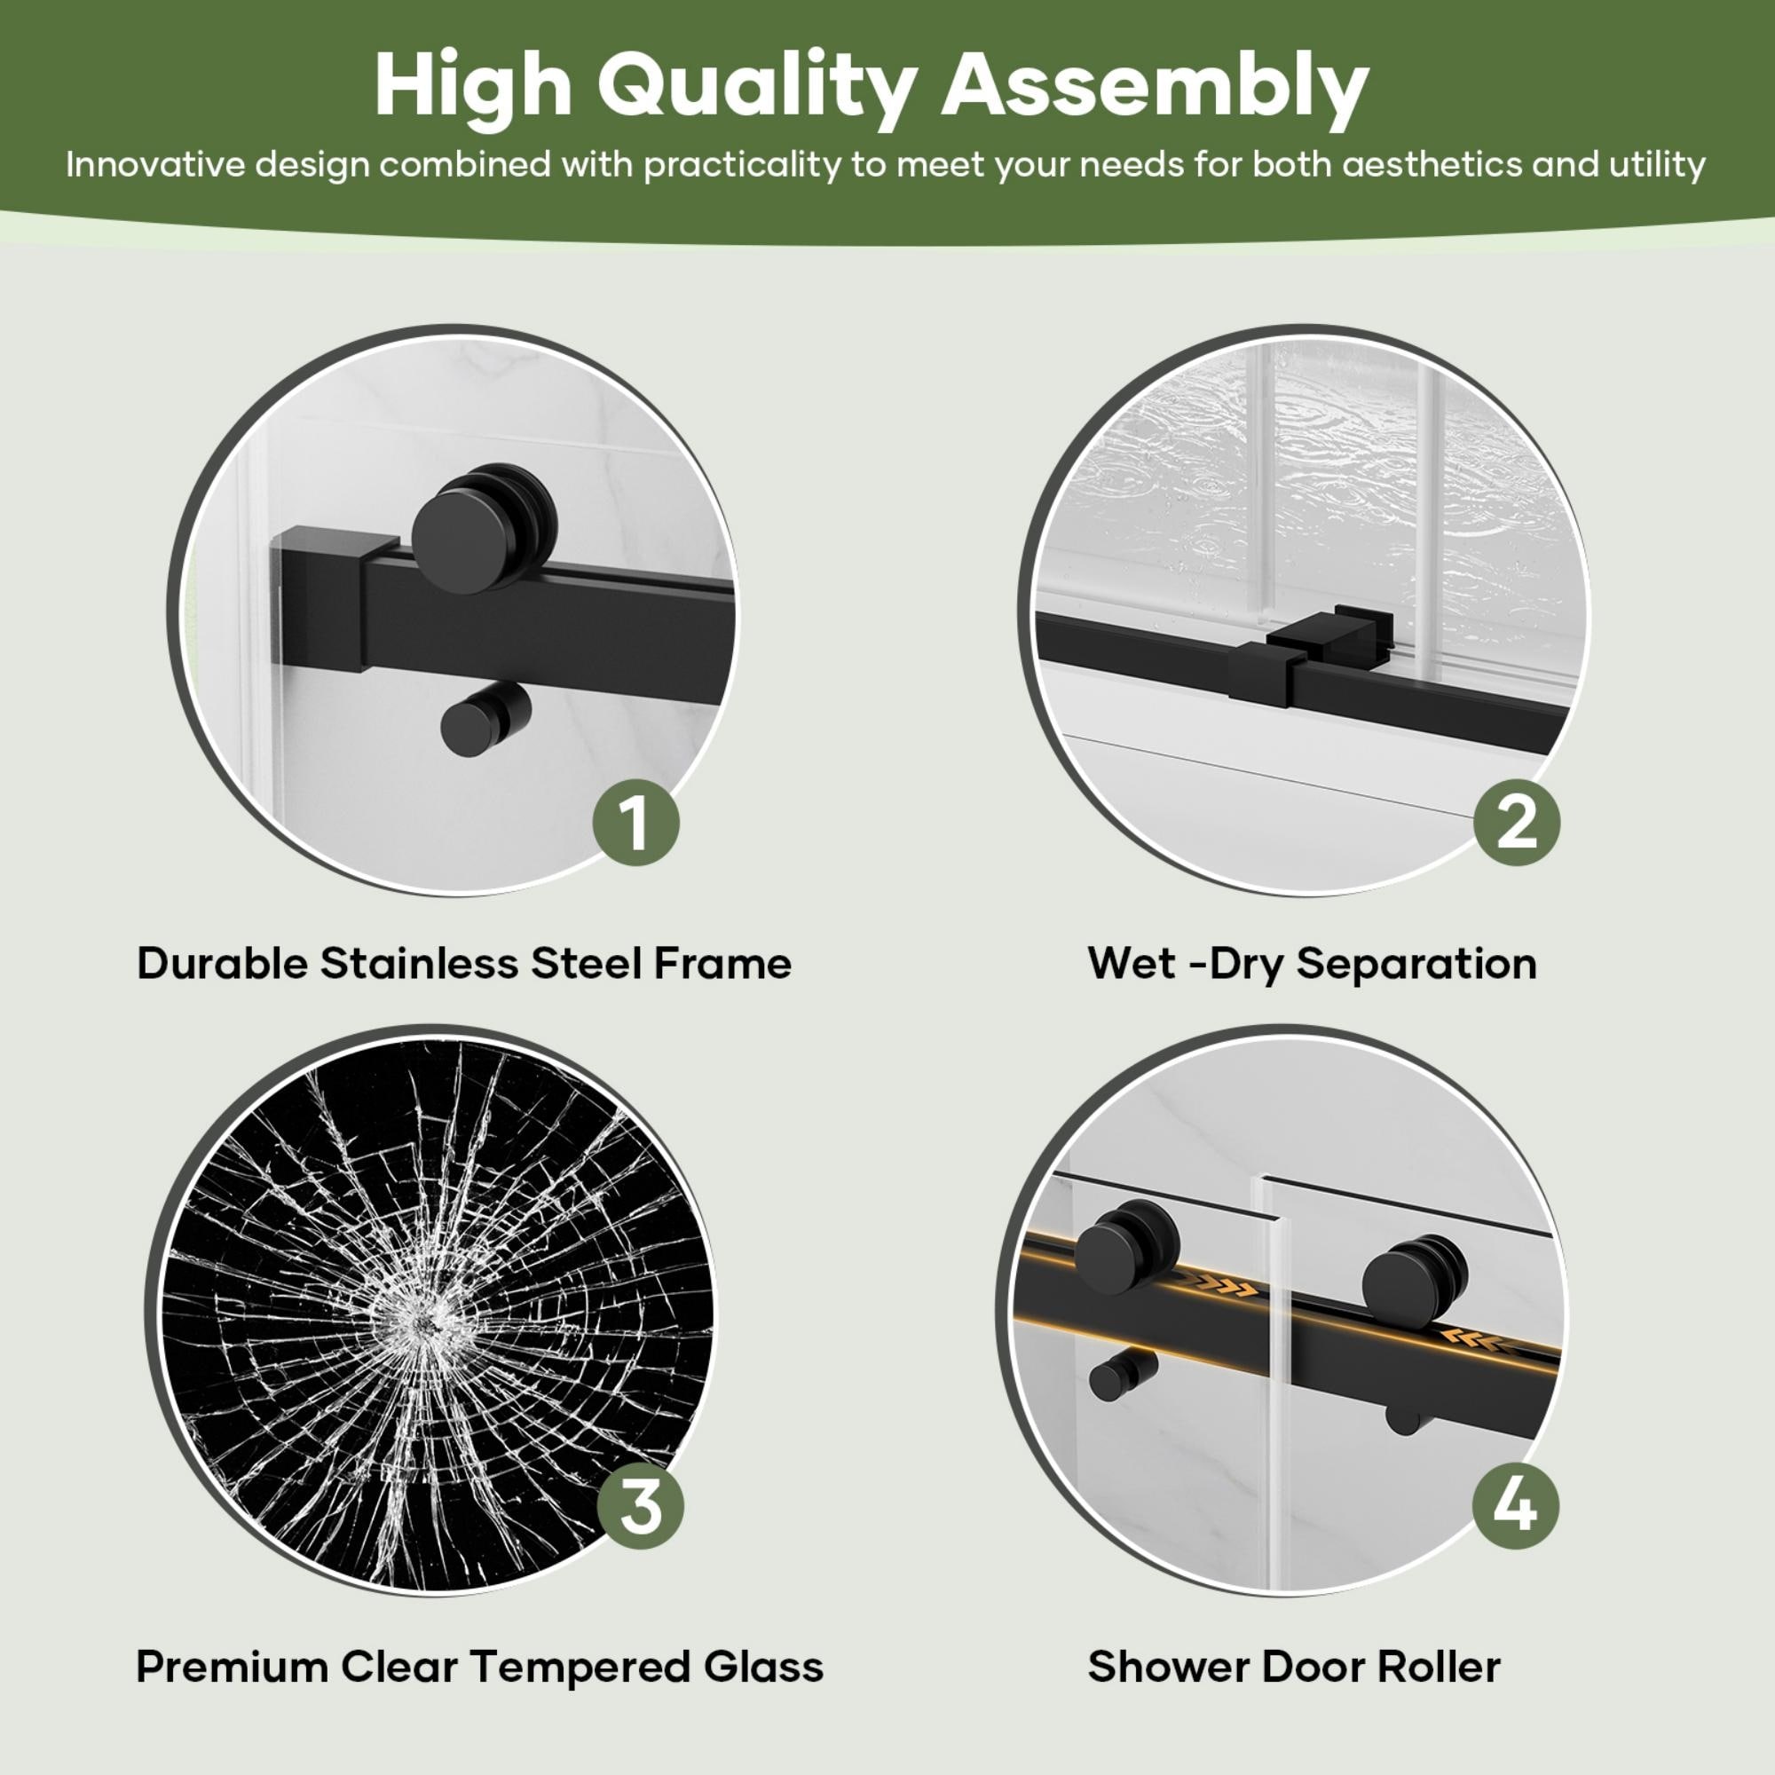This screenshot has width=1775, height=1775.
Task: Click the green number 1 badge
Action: click(635, 823)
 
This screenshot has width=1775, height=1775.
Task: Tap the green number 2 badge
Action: click(1517, 823)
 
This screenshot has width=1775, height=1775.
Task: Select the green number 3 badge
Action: click(641, 1507)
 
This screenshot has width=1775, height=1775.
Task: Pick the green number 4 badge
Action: click(1516, 1507)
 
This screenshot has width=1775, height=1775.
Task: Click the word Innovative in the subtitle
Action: click(155, 165)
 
